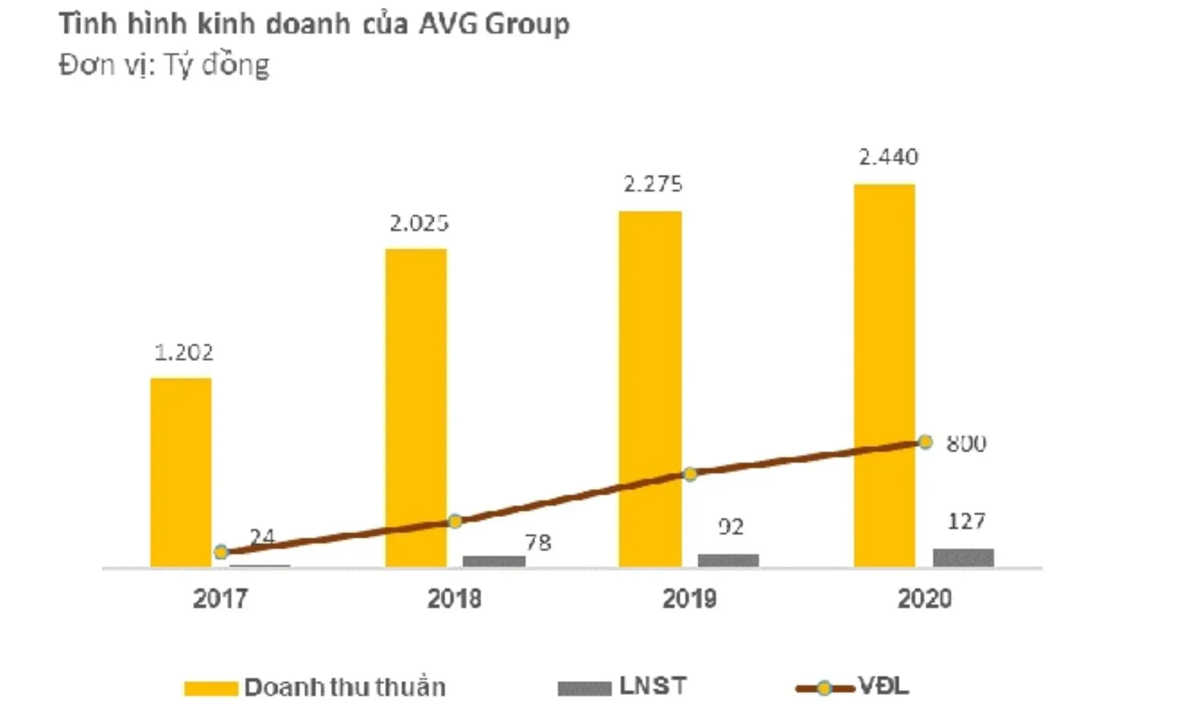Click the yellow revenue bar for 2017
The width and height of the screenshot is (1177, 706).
[181, 471]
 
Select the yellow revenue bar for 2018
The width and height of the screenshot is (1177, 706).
[416, 405]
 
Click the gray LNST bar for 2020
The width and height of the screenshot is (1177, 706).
[963, 558]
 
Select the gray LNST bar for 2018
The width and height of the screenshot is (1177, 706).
[494, 561]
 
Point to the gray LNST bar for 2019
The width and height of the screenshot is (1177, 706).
[728, 560]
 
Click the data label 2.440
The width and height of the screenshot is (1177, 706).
[888, 157]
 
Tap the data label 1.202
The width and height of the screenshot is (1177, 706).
[184, 353]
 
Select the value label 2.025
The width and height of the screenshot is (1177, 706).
[419, 224]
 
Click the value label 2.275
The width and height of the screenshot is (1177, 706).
[653, 184]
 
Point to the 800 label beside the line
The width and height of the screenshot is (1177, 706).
[966, 444]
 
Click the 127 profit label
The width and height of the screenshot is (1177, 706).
[966, 522]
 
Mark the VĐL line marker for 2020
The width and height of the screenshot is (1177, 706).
[925, 443]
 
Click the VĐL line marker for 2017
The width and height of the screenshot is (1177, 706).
[221, 552]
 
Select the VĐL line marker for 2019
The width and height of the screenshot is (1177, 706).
[690, 474]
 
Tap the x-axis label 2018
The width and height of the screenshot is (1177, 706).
[454, 599]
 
